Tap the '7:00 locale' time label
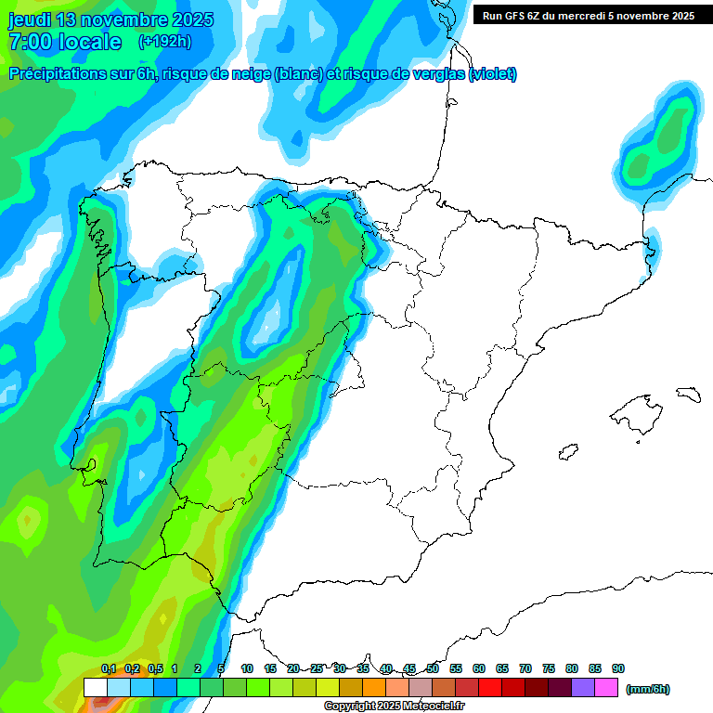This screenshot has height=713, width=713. [65, 42]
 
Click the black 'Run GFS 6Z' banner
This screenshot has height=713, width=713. [589, 15]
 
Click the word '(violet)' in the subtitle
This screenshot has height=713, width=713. [493, 74]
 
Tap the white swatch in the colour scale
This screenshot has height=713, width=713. [96, 688]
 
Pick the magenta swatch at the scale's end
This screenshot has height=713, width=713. [606, 688]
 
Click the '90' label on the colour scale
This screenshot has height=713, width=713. [618, 668]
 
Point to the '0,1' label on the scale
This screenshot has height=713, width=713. [109, 668]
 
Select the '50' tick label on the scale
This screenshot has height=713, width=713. [433, 668]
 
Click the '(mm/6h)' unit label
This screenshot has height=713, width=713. [648, 689]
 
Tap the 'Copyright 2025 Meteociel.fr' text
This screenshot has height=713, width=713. [396, 706]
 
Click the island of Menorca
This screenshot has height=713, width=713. [687, 394]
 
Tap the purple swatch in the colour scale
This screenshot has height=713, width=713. [583, 688]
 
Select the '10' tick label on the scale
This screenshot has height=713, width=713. [247, 668]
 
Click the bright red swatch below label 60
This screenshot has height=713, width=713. [490, 688]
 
